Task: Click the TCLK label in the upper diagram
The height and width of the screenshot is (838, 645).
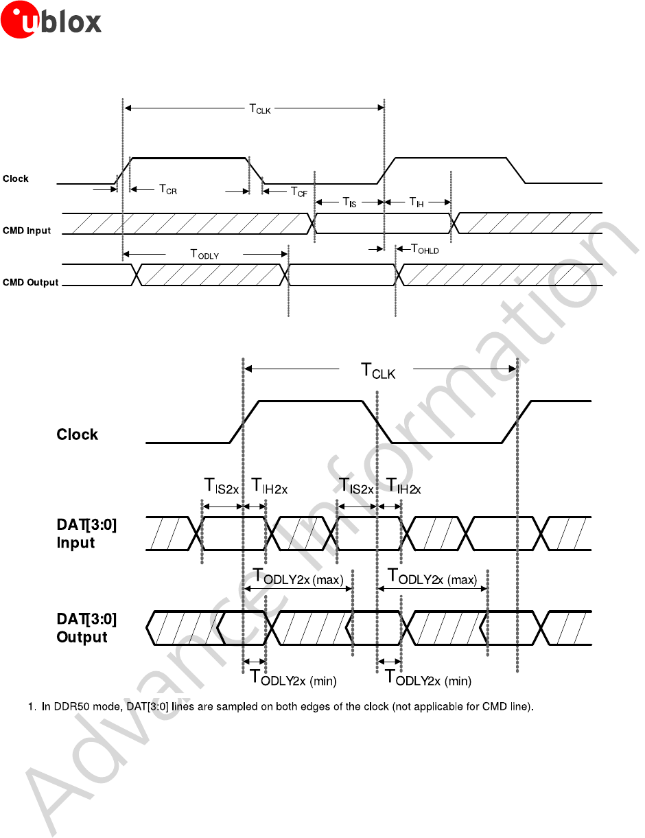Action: (259, 108)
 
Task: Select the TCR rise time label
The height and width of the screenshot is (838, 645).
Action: (168, 189)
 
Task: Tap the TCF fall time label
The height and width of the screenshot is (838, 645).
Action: (298, 192)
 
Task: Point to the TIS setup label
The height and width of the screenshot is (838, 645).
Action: (349, 202)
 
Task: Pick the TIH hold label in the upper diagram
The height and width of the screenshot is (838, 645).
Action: (417, 202)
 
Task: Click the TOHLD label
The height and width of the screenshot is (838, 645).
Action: (424, 249)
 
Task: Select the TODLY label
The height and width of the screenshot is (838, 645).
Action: (204, 254)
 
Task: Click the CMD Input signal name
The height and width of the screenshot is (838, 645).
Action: (27, 231)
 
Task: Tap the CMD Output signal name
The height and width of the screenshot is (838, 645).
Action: (30, 282)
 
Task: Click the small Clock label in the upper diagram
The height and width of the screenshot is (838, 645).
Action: (16, 178)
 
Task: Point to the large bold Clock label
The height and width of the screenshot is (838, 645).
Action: (77, 434)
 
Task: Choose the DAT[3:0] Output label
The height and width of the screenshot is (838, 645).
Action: (86, 628)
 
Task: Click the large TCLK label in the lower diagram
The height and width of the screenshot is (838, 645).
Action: (378, 372)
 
